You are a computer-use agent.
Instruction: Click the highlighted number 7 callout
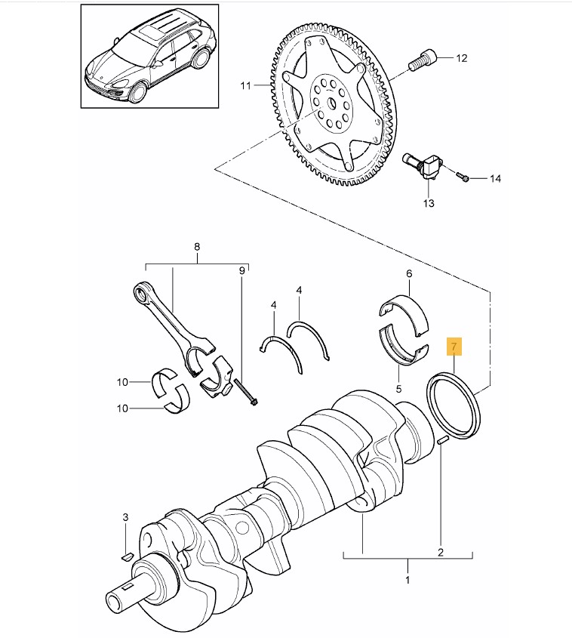[454, 347]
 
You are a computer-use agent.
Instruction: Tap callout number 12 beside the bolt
[461, 58]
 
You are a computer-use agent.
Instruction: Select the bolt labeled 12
[422, 61]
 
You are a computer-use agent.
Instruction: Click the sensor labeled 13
[421, 166]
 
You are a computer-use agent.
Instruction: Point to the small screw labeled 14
[463, 177]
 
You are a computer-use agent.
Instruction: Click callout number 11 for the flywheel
[246, 86]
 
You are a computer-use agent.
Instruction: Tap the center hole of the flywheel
[331, 103]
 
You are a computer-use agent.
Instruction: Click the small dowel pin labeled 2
[443, 439]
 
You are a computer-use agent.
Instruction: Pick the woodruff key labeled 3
[127, 556]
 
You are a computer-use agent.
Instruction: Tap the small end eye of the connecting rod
[141, 292]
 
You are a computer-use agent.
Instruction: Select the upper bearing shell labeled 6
[404, 315]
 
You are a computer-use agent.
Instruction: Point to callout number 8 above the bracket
[197, 247]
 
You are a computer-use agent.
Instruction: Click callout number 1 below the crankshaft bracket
[407, 579]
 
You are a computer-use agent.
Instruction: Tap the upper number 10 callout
[122, 382]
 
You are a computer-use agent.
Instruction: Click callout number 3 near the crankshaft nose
[125, 517]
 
